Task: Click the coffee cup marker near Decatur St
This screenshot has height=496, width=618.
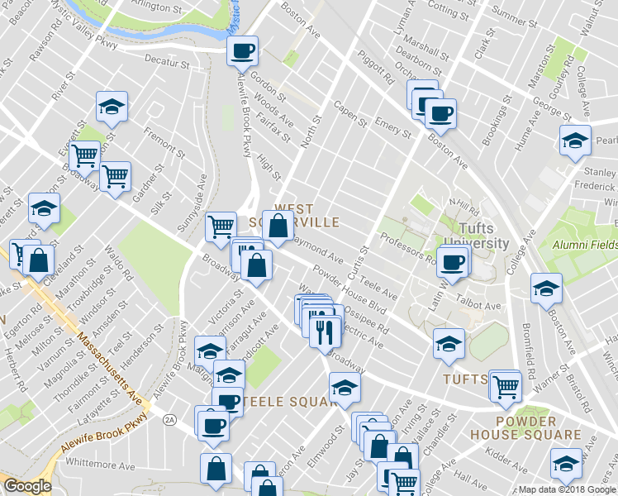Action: click(x=243, y=51)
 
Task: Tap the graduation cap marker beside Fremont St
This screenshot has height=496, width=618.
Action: click(x=112, y=107)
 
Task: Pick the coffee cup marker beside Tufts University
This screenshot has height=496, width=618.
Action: click(x=452, y=263)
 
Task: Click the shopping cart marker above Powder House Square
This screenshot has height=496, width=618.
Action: click(x=505, y=384)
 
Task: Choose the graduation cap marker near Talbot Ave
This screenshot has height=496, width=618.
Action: click(x=545, y=289)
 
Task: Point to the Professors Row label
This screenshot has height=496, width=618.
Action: click(x=407, y=245)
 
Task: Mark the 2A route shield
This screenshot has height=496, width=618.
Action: click(x=170, y=420)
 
